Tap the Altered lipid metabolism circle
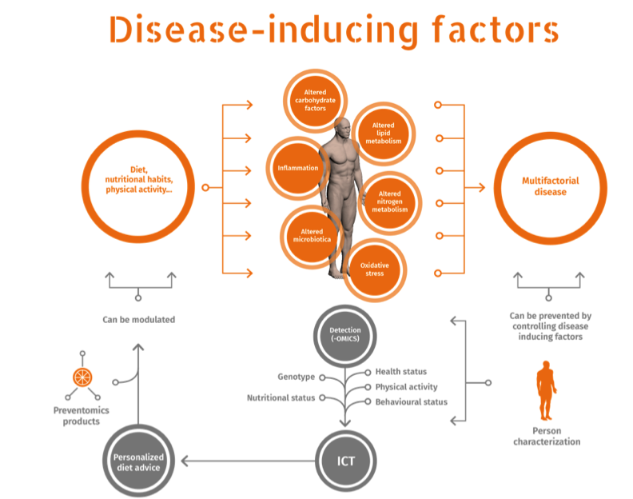pyautogui.click(x=382, y=133)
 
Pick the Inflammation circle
pyautogui.click(x=297, y=169)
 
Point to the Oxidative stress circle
pyautogui.click(x=373, y=268)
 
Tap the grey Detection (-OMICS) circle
pyautogui.click(x=345, y=337)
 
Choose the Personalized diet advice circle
pyautogui.click(x=137, y=461)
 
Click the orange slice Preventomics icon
pyautogui.click(x=82, y=375)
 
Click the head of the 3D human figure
pyautogui.click(x=341, y=126)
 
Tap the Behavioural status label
pyautogui.click(x=411, y=401)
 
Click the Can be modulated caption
pyautogui.click(x=138, y=320)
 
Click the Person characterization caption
pyautogui.click(x=547, y=436)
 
